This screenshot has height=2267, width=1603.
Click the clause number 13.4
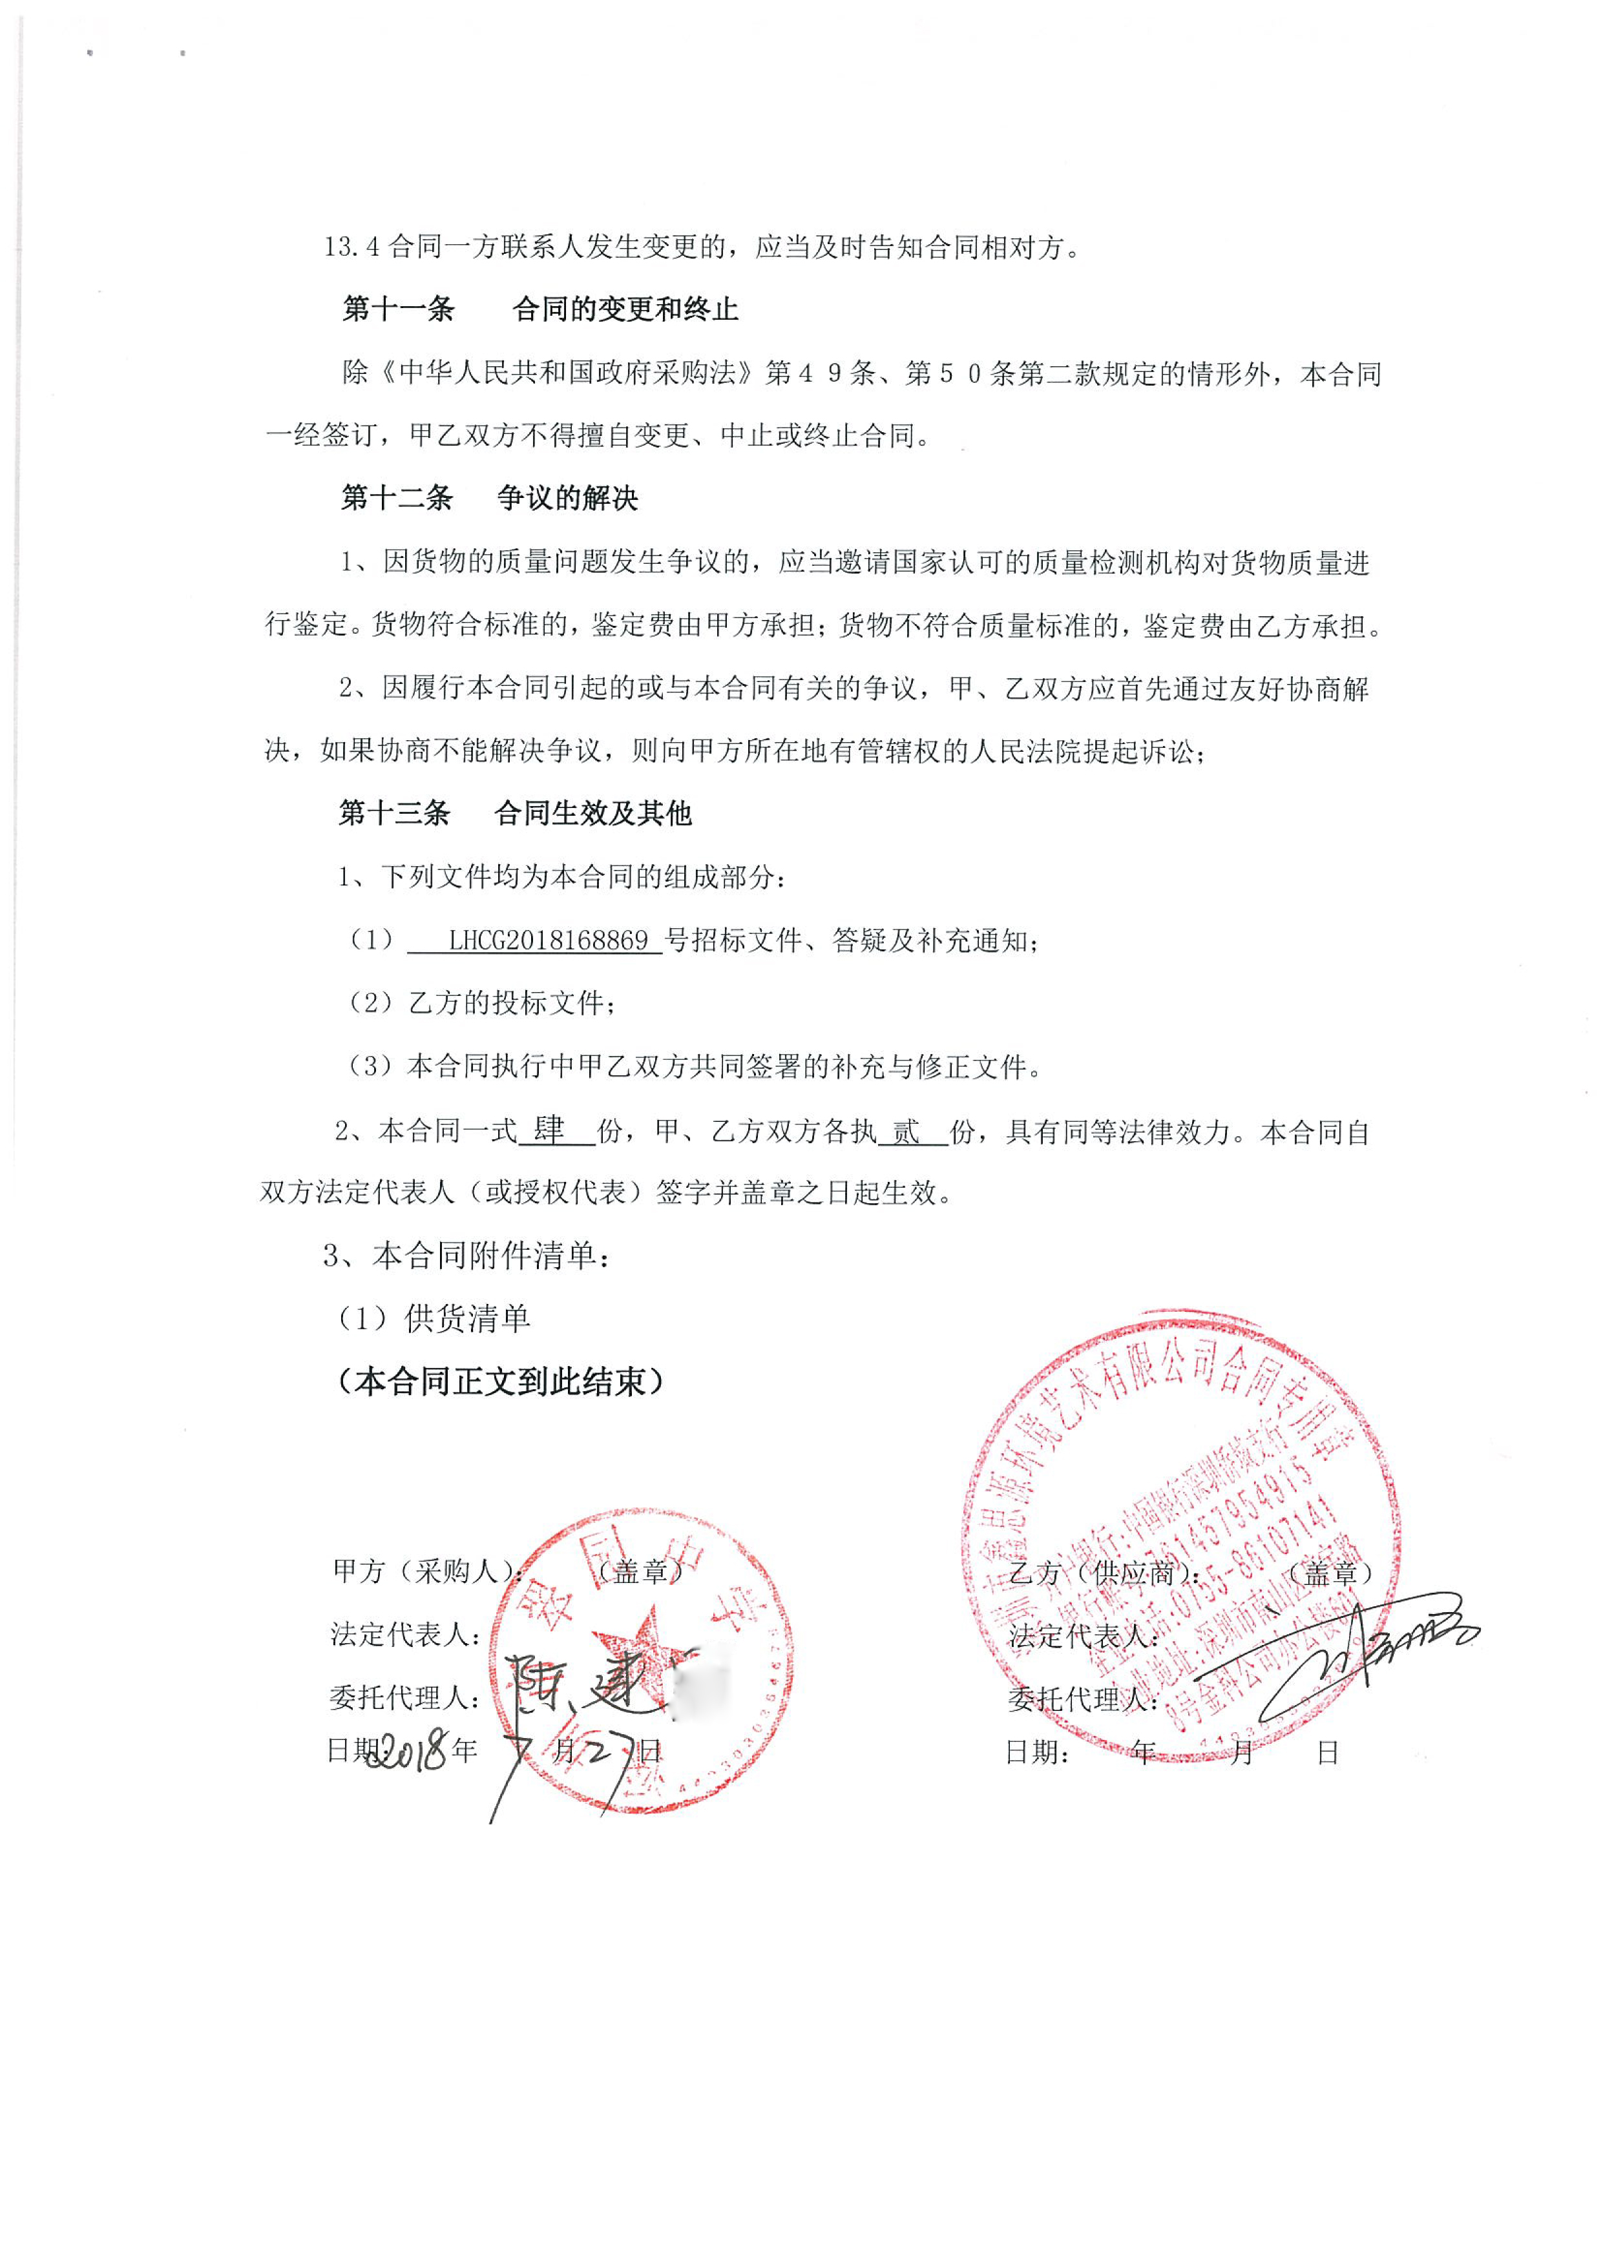[351, 247]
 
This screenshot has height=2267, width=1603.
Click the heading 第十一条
[398, 310]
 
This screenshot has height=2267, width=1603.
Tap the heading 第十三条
[394, 814]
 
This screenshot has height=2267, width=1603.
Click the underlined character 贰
[906, 1132]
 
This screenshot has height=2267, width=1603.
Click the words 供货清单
[468, 1318]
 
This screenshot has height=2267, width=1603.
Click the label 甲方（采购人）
[424, 1571]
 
